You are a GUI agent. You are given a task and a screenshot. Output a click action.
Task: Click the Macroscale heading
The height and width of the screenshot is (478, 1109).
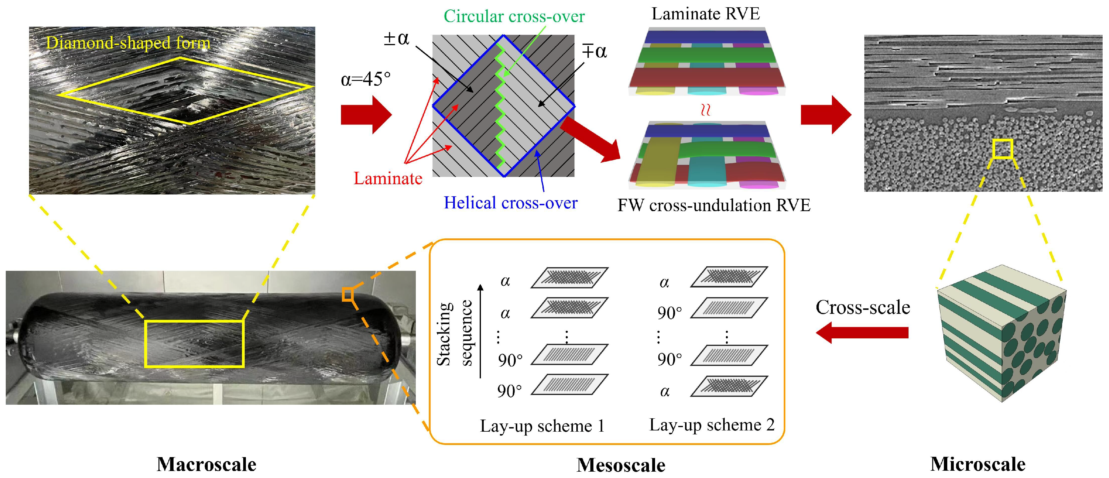tap(206, 464)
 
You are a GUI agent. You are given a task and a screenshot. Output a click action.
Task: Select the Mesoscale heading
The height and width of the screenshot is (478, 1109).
tap(621, 465)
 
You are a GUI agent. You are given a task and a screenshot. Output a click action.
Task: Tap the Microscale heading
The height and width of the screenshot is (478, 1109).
tap(978, 464)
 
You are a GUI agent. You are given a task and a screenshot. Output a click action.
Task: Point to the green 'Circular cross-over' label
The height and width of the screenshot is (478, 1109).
tap(514, 16)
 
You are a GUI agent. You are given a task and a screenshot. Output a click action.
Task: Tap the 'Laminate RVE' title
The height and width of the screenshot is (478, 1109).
tap(706, 14)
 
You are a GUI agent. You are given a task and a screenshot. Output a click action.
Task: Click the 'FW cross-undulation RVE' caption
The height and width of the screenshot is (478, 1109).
tap(714, 205)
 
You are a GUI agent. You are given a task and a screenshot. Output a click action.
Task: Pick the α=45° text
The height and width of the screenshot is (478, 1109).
tap(366, 79)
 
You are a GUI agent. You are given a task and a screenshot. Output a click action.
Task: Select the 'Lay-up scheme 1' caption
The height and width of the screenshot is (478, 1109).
tap(542, 426)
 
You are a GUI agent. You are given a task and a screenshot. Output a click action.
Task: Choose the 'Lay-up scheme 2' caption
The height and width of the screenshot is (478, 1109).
tap(712, 425)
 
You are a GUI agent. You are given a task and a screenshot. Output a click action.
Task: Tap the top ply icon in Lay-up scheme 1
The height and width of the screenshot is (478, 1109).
tap(569, 277)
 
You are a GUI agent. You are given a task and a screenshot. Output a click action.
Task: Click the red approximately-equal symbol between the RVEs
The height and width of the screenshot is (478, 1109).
tap(705, 110)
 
